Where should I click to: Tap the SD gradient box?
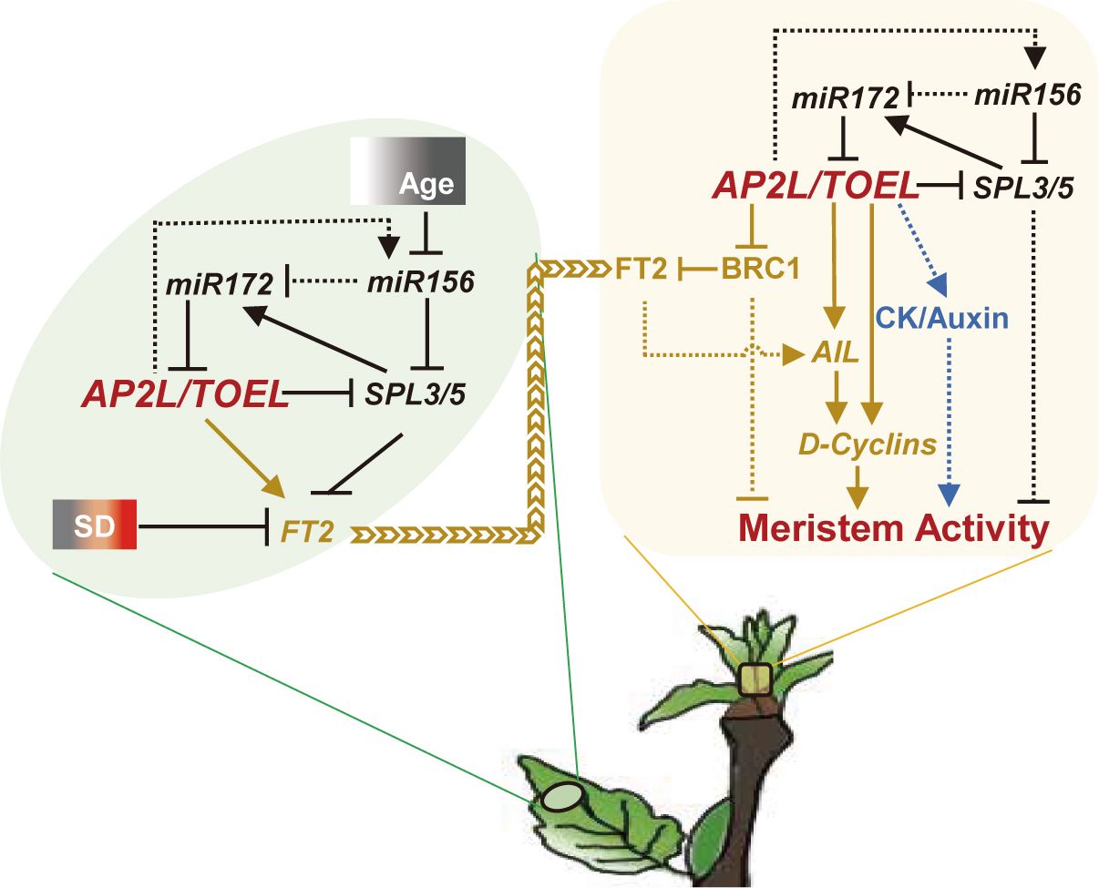point(95,526)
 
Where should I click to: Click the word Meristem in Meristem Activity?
point(818,528)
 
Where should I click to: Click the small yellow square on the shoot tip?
point(755,679)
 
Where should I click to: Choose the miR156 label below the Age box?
point(420,284)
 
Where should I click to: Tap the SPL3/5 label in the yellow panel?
point(1022,188)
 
